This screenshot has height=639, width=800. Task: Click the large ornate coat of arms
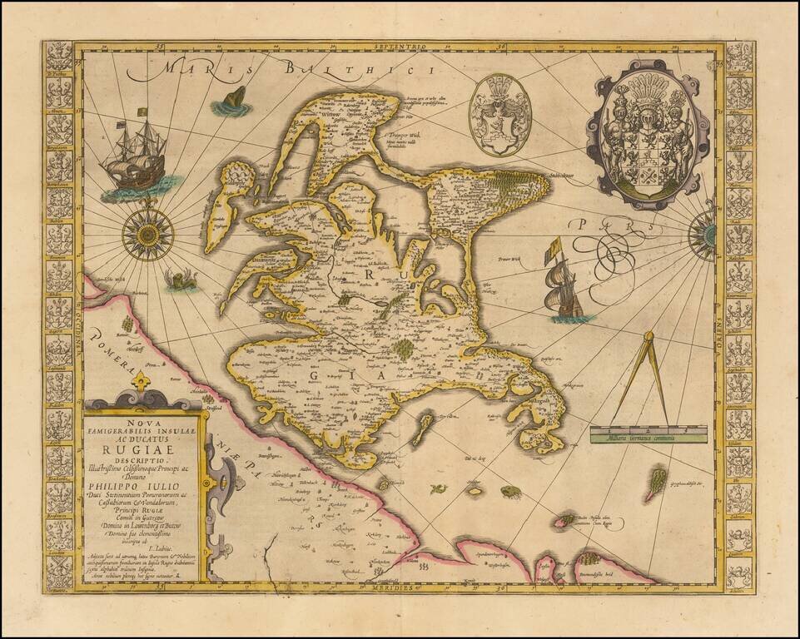tap(646, 133)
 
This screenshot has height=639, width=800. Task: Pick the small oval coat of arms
tap(499, 116)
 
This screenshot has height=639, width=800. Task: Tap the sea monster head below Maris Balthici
tap(233, 102)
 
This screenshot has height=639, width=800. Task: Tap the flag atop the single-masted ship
tap(553, 246)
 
